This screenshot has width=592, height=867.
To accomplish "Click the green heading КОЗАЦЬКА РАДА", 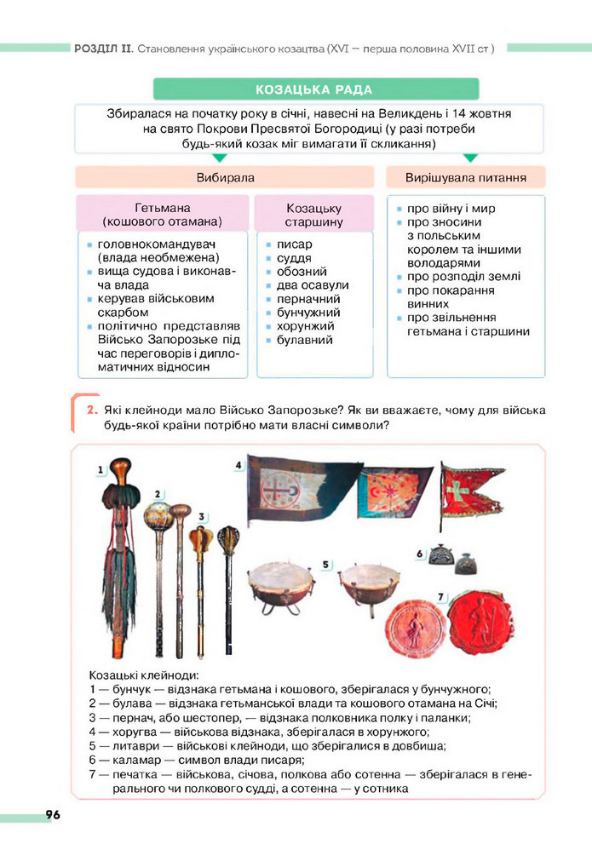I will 314,90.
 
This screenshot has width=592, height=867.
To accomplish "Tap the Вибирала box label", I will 225,177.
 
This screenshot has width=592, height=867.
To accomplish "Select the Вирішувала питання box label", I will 465,177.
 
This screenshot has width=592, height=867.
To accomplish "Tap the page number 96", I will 53,815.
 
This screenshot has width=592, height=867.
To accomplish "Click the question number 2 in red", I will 89,411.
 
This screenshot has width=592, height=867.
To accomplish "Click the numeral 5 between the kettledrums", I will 326,564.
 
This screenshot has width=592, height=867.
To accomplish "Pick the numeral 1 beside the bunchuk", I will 101,468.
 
